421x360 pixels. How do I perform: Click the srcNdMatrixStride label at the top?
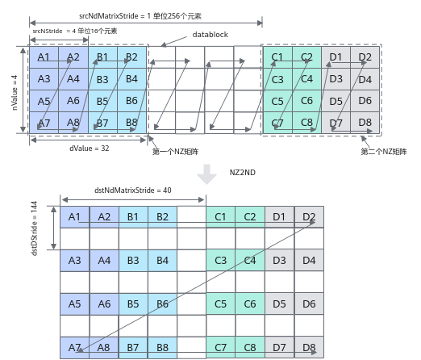(x=140, y=16)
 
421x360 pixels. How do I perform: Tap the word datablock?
(x=210, y=35)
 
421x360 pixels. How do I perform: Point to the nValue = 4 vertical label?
(x=15, y=93)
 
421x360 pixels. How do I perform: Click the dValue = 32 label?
(x=90, y=149)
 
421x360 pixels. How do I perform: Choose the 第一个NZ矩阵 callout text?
(x=175, y=152)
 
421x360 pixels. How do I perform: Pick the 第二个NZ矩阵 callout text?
(x=384, y=152)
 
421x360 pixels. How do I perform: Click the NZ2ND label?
(x=243, y=173)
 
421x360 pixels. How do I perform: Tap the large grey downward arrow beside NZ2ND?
(x=206, y=174)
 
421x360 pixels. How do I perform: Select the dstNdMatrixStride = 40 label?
(x=133, y=190)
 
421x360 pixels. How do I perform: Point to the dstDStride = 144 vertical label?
(x=35, y=228)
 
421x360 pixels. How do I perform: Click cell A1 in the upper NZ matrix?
(x=44, y=57)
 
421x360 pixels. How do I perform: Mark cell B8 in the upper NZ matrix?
(x=132, y=123)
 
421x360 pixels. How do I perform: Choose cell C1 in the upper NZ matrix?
(x=277, y=57)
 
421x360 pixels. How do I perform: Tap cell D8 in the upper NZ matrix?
(x=365, y=123)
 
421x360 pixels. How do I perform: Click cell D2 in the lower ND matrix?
(x=309, y=217)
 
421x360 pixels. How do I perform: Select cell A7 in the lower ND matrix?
(x=75, y=348)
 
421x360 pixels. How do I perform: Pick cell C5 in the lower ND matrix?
(x=221, y=304)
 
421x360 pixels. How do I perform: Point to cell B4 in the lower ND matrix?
(x=162, y=261)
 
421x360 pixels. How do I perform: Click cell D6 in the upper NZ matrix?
(x=365, y=101)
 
